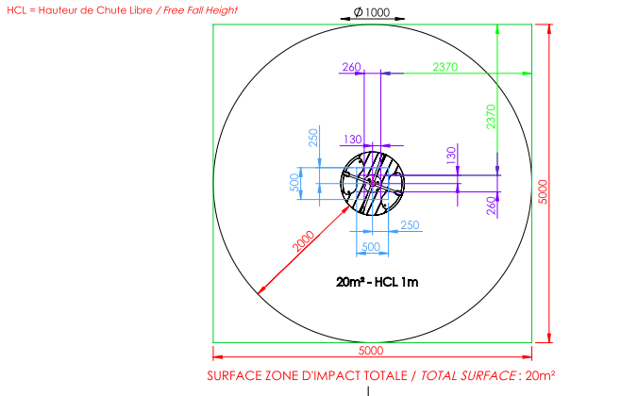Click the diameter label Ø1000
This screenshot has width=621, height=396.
(372, 12)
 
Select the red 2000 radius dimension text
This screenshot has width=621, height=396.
(303, 241)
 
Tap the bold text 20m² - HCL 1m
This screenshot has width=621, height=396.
(378, 282)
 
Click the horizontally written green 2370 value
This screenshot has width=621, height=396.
(445, 67)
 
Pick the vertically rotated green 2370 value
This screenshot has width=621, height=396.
(491, 117)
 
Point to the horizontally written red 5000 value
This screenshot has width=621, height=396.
(371, 351)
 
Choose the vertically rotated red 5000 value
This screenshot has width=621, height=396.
(543, 191)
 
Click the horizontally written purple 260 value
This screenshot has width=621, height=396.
(351, 67)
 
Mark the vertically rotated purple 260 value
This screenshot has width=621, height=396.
(491, 206)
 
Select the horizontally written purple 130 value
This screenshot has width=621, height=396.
(352, 140)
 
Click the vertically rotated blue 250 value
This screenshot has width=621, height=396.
(313, 138)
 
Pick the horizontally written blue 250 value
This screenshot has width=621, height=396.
(410, 225)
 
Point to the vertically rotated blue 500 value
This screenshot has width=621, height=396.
(294, 182)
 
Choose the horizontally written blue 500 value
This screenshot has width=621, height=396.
(371, 247)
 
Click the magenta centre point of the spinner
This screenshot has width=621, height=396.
(372, 183)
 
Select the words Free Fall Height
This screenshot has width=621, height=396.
(200, 10)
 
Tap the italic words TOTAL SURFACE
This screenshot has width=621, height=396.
(468, 375)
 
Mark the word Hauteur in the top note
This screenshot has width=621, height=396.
(58, 10)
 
